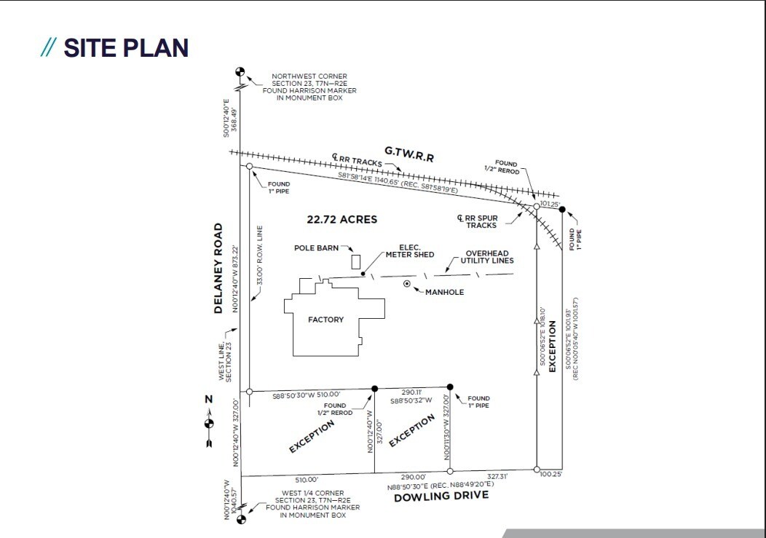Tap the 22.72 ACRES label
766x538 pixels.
click(341, 219)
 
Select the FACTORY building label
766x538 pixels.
click(325, 320)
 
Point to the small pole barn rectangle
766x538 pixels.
click(355, 261)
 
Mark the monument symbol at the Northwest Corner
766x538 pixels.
click(240, 71)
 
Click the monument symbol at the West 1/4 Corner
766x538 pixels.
click(242, 519)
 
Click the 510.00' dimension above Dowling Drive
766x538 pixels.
click(307, 479)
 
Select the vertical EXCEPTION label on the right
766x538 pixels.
click(552, 346)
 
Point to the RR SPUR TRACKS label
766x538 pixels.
click(482, 221)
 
